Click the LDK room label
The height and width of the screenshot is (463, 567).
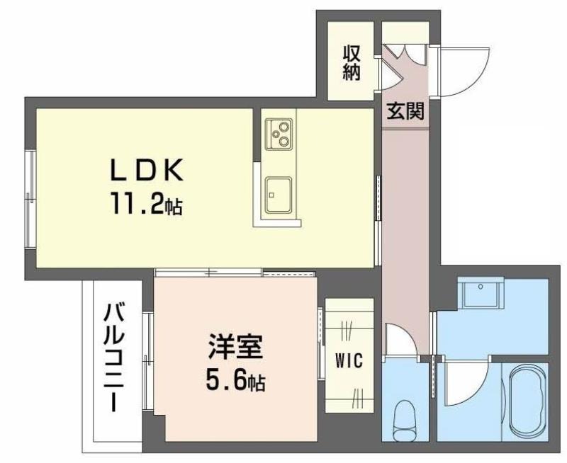pyautogui.click(x=147, y=171)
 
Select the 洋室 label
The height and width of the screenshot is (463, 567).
pyautogui.click(x=235, y=346)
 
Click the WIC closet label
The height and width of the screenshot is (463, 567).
pyautogui.click(x=349, y=360)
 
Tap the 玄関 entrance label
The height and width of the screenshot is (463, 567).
pyautogui.click(x=405, y=111)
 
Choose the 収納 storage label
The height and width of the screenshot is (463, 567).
pyautogui.click(x=351, y=62)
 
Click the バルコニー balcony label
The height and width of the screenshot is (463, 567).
pyautogui.click(x=114, y=358)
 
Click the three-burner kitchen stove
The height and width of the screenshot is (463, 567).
pyautogui.click(x=279, y=134)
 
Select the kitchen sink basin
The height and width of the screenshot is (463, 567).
pyautogui.click(x=279, y=195)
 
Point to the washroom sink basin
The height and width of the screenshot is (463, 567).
pyautogui.click(x=481, y=293)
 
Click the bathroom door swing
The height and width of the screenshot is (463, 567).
pyautogui.click(x=466, y=384)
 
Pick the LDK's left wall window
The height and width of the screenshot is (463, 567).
pyautogui.click(x=30, y=200)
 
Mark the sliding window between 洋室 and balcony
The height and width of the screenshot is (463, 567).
pyautogui.click(x=148, y=362)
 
